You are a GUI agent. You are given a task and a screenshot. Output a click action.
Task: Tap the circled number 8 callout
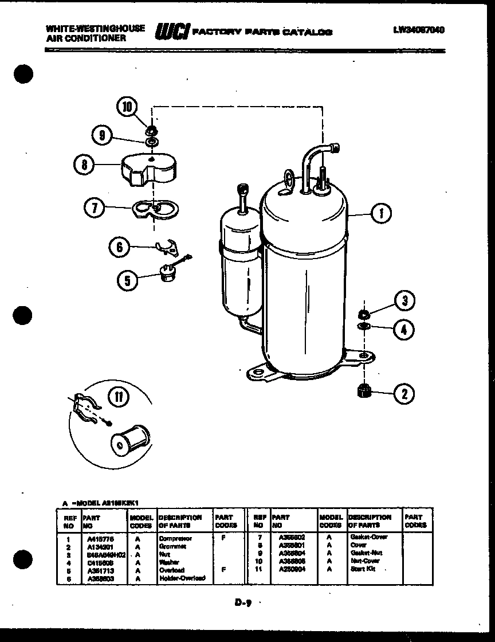85,165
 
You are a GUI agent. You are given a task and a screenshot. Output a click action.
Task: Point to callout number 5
128,280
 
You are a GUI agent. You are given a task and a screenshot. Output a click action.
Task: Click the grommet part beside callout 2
364,392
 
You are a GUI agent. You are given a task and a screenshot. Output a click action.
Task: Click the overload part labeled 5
168,276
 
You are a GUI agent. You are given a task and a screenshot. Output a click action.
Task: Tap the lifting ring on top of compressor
290,179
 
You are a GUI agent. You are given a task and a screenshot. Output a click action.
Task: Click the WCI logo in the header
171,32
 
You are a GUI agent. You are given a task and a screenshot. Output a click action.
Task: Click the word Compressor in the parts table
175,539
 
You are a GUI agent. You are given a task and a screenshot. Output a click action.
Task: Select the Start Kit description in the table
362,569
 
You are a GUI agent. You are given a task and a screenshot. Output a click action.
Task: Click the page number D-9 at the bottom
243,602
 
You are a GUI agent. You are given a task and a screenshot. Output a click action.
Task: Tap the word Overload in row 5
172,570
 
